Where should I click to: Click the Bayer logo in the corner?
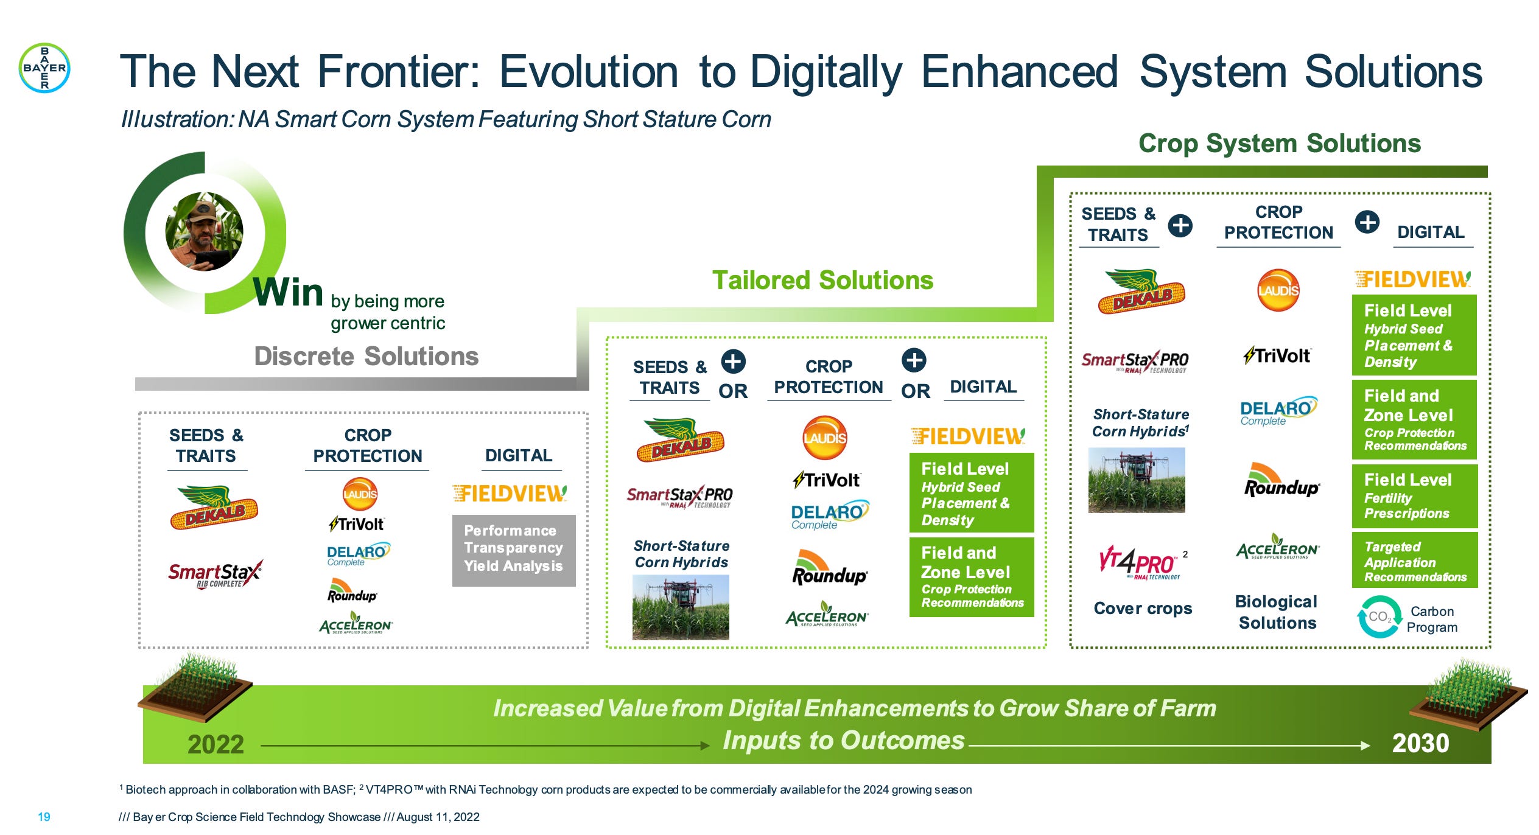tap(44, 68)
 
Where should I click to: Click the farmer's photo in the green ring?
tap(205, 232)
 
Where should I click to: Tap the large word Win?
tap(288, 292)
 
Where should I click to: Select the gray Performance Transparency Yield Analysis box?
tap(513, 550)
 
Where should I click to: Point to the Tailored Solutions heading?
tap(822, 281)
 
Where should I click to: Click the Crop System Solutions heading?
tap(1279, 144)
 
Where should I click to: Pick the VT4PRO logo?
tap(1137, 563)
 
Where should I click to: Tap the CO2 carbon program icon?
tap(1379, 617)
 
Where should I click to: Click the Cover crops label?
tap(1143, 608)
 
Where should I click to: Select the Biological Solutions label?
tap(1277, 612)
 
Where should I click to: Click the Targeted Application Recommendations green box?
tap(1414, 561)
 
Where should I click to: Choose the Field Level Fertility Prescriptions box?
tap(1414, 496)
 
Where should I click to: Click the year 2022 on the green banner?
tap(216, 744)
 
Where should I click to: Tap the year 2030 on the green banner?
tap(1420, 743)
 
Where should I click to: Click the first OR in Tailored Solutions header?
tap(732, 391)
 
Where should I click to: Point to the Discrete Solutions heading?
tap(366, 357)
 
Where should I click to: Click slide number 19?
tap(44, 817)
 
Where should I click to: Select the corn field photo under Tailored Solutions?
tap(680, 607)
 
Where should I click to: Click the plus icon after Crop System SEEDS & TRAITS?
tap(1180, 226)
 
